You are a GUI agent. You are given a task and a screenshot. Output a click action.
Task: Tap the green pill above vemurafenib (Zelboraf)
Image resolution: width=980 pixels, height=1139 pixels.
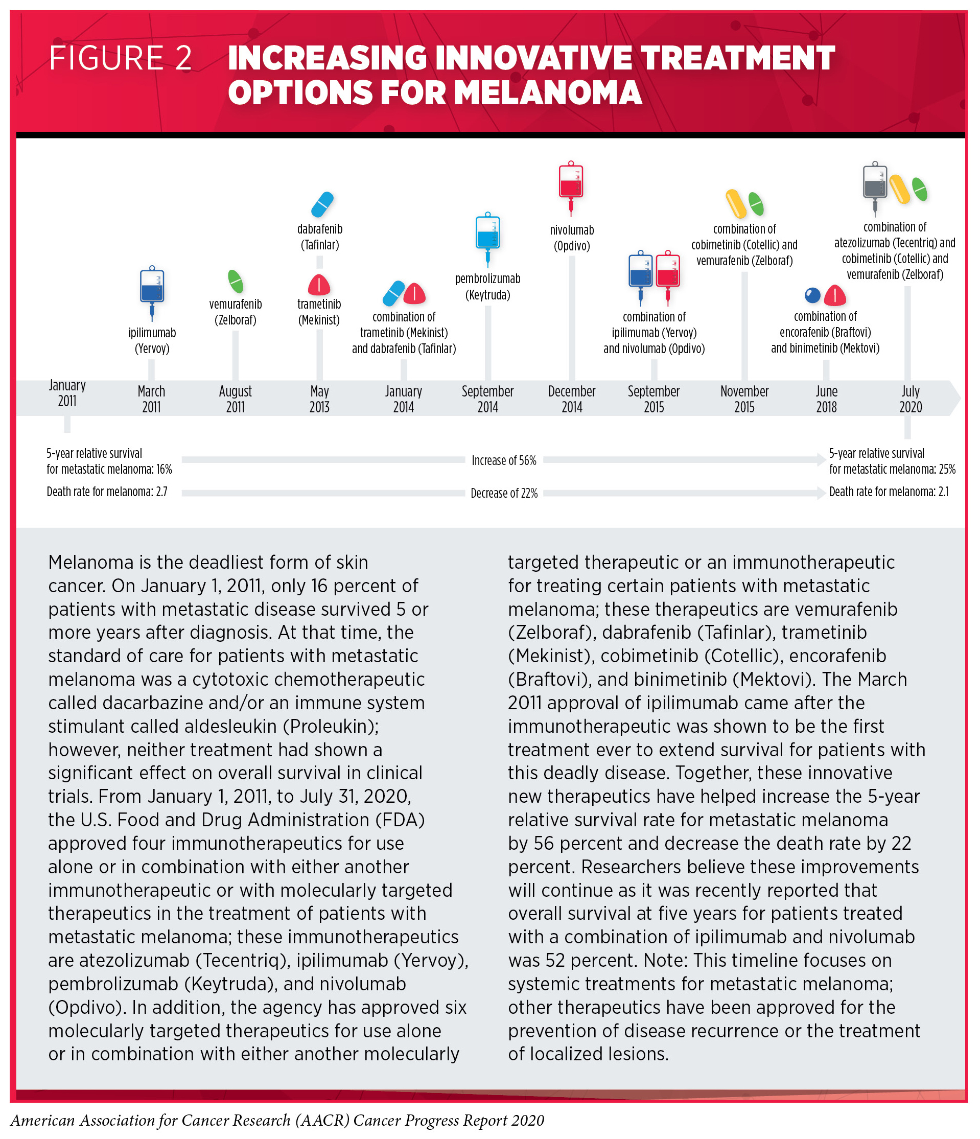tap(235, 281)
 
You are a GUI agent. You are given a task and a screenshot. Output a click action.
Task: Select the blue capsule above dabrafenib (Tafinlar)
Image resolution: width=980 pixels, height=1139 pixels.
tap(322, 204)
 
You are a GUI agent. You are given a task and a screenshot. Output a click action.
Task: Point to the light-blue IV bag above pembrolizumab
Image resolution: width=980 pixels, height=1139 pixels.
tap(487, 233)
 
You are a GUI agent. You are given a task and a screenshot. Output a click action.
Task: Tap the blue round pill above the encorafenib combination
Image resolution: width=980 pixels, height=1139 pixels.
tap(812, 295)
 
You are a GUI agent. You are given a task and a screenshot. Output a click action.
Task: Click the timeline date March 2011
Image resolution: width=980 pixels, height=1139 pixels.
tap(151, 399)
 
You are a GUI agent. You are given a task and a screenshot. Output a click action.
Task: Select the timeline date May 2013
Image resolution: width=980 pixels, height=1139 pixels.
tap(319, 399)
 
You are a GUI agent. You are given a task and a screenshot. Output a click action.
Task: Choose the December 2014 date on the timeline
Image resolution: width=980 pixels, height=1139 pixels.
tap(572, 399)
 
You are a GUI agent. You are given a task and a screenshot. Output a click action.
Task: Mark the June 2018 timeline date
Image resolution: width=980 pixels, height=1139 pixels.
tap(826, 399)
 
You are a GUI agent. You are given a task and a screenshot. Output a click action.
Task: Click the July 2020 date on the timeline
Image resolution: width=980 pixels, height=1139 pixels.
tap(910, 399)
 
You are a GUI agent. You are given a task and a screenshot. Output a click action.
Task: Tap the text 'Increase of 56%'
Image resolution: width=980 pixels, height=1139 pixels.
tap(503, 460)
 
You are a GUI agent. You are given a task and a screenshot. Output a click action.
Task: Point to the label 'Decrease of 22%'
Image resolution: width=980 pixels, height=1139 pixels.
tap(503, 493)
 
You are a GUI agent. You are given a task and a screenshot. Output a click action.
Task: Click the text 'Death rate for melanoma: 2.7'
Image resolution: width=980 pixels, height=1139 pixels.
tap(107, 492)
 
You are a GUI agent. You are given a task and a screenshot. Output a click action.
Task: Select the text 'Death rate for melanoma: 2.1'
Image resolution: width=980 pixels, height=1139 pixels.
tap(888, 492)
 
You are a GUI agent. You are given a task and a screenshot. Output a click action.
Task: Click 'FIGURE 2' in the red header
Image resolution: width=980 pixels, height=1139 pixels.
tap(121, 58)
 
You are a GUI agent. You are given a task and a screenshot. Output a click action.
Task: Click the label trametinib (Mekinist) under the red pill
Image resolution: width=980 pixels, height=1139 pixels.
tap(319, 312)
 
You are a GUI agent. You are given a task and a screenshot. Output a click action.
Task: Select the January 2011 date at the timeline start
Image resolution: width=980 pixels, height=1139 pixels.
tap(67, 392)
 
